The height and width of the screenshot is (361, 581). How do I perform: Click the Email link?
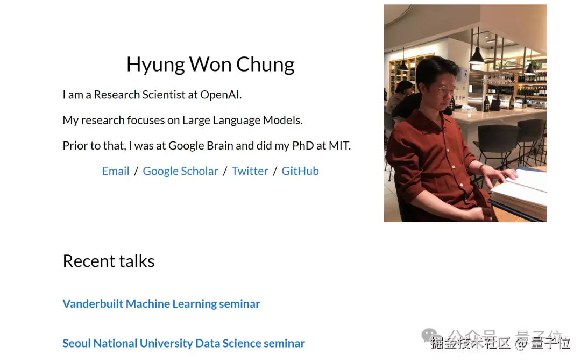(116, 171)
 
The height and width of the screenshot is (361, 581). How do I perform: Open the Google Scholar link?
(180, 171)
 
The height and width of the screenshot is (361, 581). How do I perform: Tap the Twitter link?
(250, 171)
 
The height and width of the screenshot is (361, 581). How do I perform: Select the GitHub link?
(300, 171)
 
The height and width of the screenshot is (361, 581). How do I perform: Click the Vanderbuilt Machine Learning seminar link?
(161, 304)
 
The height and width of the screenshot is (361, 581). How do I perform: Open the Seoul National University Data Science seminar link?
(184, 344)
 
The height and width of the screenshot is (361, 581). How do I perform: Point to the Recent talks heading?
(109, 261)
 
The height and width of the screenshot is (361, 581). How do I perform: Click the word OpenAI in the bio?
(221, 95)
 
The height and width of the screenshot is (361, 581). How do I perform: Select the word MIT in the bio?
(339, 146)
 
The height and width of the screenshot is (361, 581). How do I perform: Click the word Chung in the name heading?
(265, 65)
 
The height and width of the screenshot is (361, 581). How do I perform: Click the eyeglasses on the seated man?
(446, 90)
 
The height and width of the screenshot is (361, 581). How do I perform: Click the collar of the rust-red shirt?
(431, 118)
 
